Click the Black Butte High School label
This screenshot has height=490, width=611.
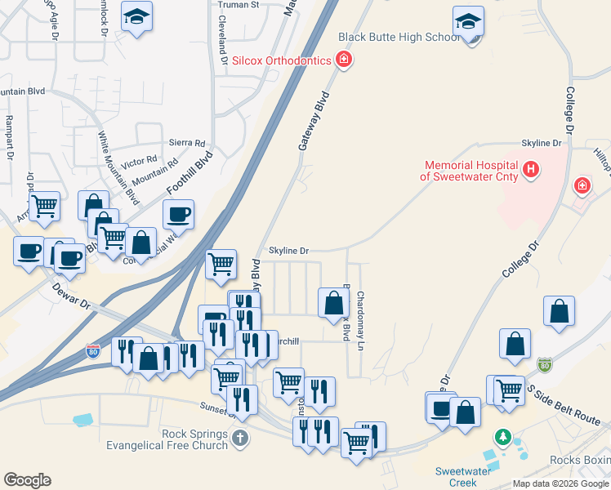(x=399, y=38)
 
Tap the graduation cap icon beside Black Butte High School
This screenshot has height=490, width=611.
(x=469, y=22)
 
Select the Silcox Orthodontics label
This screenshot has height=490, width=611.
(x=281, y=60)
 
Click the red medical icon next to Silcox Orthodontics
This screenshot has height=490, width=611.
(x=344, y=60)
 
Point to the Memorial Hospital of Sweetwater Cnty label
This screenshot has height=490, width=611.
(x=470, y=170)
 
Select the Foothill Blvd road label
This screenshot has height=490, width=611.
(x=190, y=172)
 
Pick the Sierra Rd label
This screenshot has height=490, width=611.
(x=187, y=142)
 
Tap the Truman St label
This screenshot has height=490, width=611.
(x=238, y=5)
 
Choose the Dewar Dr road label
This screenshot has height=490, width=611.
(x=72, y=294)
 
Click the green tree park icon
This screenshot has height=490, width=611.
(x=504, y=438)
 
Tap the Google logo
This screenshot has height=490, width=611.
(x=27, y=480)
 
